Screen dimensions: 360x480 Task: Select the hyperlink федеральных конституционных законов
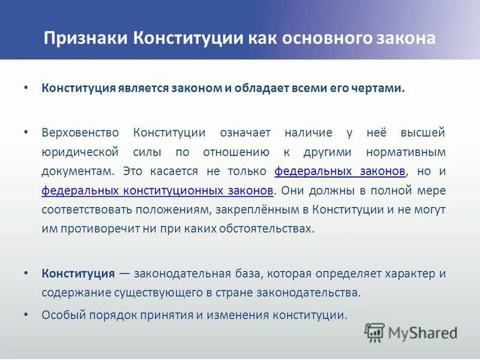[158, 190]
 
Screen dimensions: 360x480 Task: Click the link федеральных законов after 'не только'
[340, 171]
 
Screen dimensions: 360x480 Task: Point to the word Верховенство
[80, 132]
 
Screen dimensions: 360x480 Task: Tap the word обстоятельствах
[263, 229]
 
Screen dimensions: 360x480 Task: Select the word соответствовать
[80, 209]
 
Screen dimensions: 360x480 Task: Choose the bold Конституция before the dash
[78, 274]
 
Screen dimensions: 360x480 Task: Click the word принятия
[179, 314]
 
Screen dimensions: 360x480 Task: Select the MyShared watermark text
[422, 332]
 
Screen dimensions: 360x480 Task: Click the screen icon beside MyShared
[374, 332]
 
